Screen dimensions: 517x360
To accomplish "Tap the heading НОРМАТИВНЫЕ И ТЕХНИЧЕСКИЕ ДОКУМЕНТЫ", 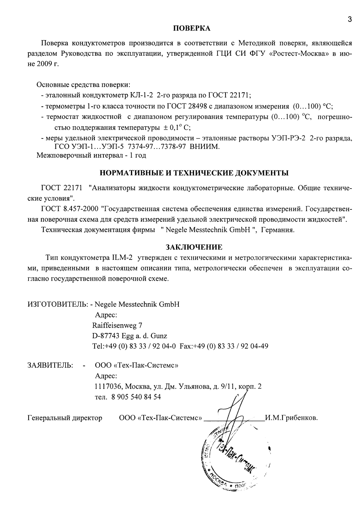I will click(x=194, y=173).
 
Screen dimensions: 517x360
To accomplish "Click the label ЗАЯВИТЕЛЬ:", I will click(x=50, y=366).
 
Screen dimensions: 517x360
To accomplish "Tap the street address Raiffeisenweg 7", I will click(x=117, y=325).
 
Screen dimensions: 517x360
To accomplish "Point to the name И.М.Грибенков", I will click(x=292, y=418).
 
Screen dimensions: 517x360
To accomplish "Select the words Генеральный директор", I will click(x=65, y=418).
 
